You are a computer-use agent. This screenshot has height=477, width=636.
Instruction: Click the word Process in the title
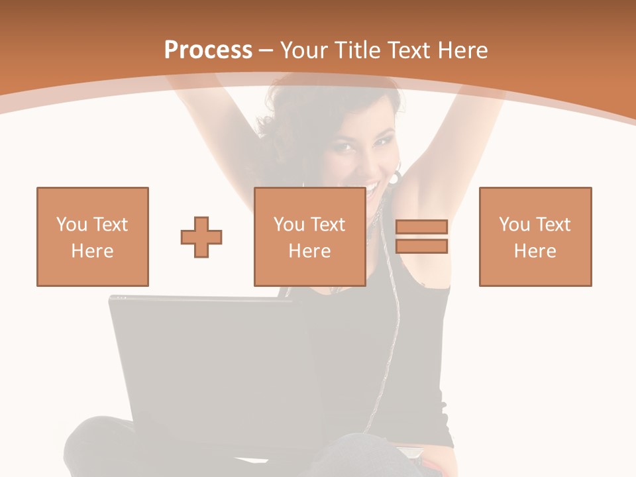(x=208, y=50)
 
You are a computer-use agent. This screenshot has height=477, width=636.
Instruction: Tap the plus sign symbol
(x=201, y=237)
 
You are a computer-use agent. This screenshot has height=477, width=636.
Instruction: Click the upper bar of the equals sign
(x=421, y=227)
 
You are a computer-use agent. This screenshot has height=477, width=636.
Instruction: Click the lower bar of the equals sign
(x=421, y=246)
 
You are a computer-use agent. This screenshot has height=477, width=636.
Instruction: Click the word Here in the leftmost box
(x=92, y=251)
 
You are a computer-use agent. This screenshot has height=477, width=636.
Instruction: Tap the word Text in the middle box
(x=328, y=225)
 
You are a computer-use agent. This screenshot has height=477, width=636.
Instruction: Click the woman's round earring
(x=396, y=178)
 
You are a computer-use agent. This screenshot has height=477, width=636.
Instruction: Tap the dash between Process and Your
(x=266, y=50)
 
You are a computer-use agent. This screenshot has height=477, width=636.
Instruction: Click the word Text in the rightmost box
(x=553, y=225)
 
